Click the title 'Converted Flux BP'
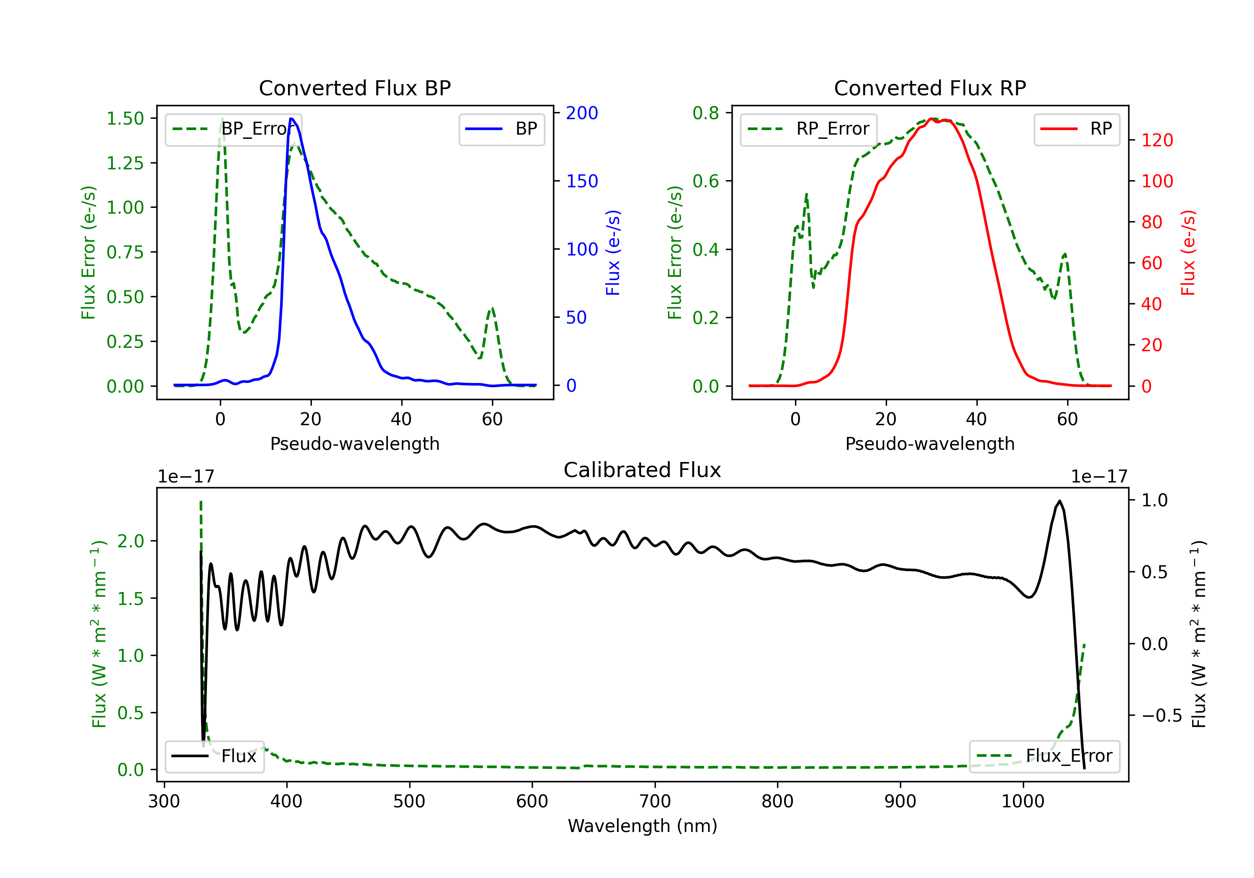coord(354,88)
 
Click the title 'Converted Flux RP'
coord(930,88)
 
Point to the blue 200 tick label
coord(582,113)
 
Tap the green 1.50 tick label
coord(125,119)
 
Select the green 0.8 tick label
coord(706,113)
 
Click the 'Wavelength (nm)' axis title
coord(642,826)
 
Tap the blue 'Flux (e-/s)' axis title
coord(613,253)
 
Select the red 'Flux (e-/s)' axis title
coord(1188,253)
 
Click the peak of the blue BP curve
coord(291,119)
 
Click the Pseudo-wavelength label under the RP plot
coord(930,444)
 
